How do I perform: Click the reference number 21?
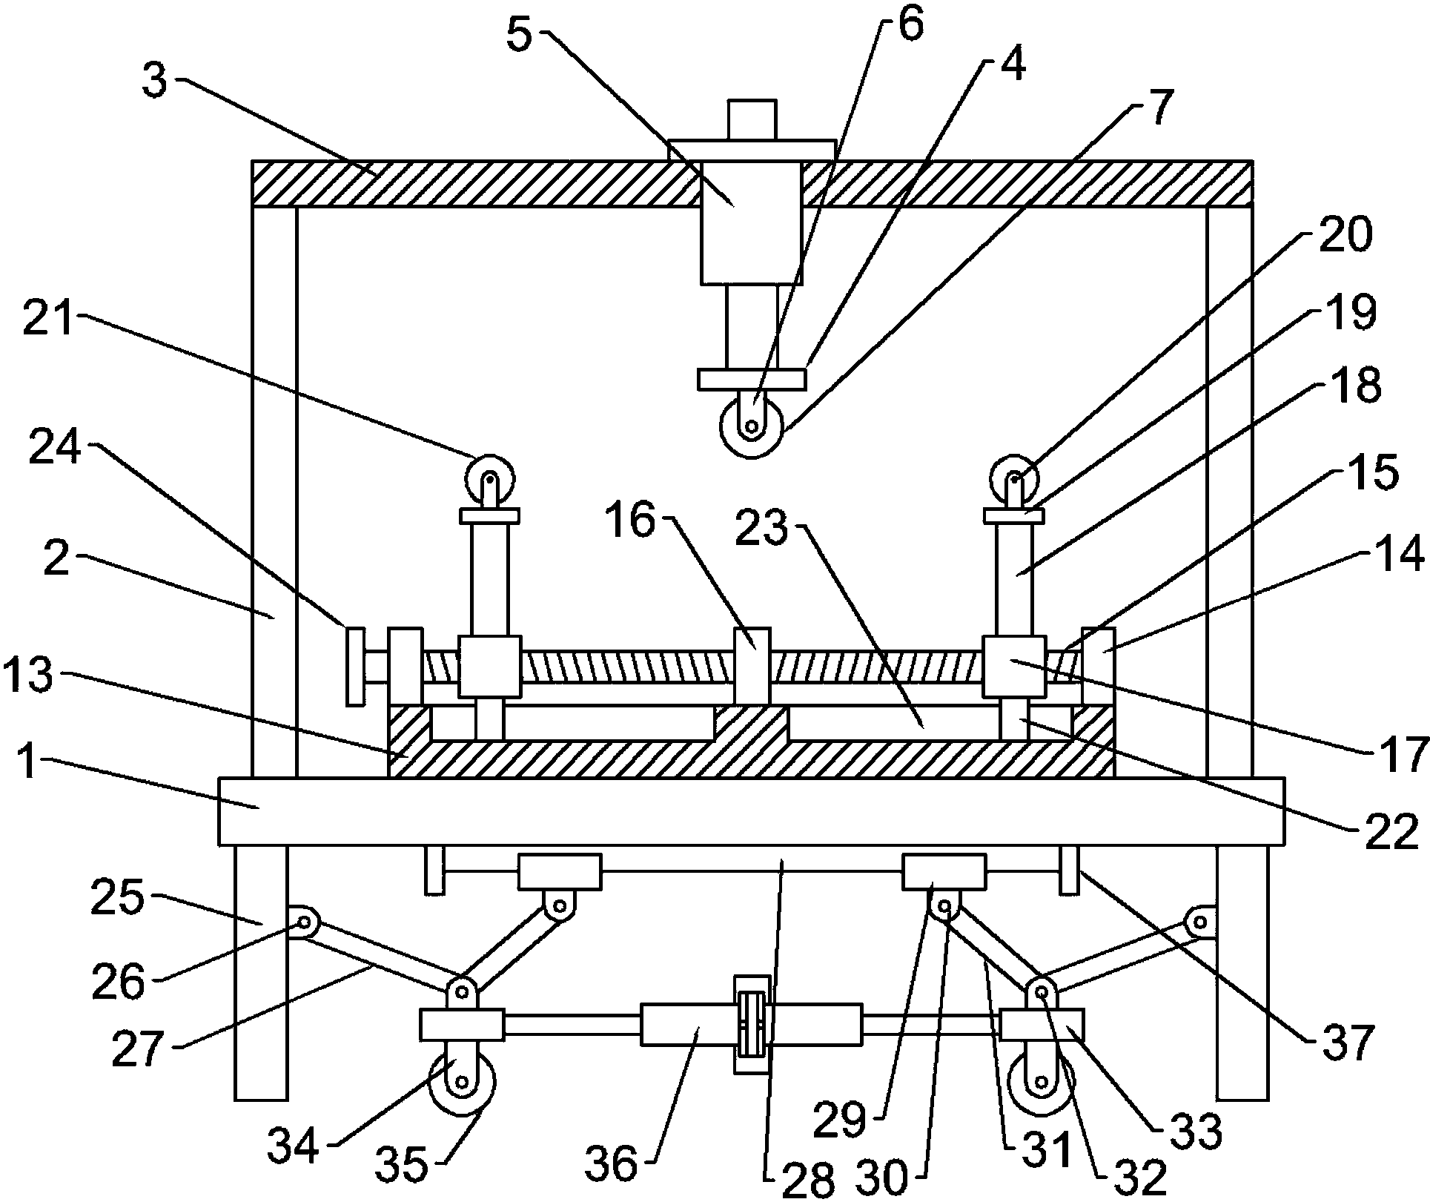coord(49,320)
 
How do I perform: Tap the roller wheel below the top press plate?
coord(751,426)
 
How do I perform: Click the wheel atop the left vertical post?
coord(489,478)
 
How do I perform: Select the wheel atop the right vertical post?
coord(1016,478)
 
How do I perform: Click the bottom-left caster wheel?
coord(463,1082)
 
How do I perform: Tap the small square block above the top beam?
coord(751,119)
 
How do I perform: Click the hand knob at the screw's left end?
coord(356,666)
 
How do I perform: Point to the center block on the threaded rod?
coord(752,665)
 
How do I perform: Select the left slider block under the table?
coord(559,871)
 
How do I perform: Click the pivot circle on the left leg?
coord(304,923)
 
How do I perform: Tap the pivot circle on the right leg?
coord(1199,922)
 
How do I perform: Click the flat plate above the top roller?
coord(751,379)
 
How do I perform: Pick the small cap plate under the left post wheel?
coord(489,515)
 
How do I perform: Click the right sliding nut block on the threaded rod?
coord(1014,666)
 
